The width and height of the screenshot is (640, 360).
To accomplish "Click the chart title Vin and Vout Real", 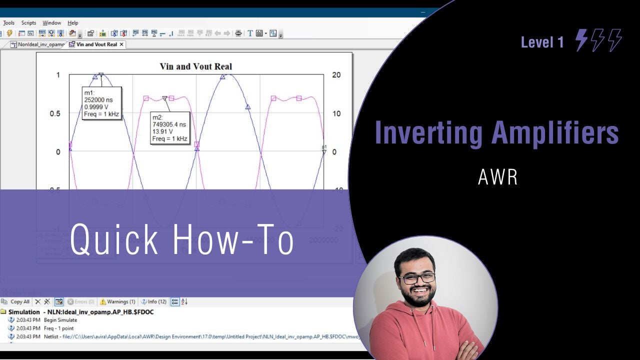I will (195, 66).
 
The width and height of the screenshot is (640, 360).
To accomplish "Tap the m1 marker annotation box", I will (101, 104).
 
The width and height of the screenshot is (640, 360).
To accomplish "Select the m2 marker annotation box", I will (170, 128).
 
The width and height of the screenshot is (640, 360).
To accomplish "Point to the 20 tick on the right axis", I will (336, 75).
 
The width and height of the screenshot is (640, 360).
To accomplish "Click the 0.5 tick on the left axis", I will (54, 113).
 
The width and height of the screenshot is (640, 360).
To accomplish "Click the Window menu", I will (51, 23).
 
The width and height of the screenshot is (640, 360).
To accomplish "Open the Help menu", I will (73, 23).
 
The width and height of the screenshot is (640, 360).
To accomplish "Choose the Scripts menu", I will (28, 23).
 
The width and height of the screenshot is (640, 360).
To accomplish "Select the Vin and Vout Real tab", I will (96, 44).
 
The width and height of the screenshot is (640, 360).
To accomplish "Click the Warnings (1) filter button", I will (117, 302).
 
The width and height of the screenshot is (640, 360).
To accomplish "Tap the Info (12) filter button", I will (153, 302).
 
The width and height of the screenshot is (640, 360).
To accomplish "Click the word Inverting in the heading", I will (428, 133).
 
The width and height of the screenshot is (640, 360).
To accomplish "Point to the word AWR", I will (497, 176).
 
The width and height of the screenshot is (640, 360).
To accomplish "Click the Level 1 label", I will (542, 42).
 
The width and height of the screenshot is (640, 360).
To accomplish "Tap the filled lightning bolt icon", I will (581, 40).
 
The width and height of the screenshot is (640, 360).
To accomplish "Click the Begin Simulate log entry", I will (60, 320).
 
